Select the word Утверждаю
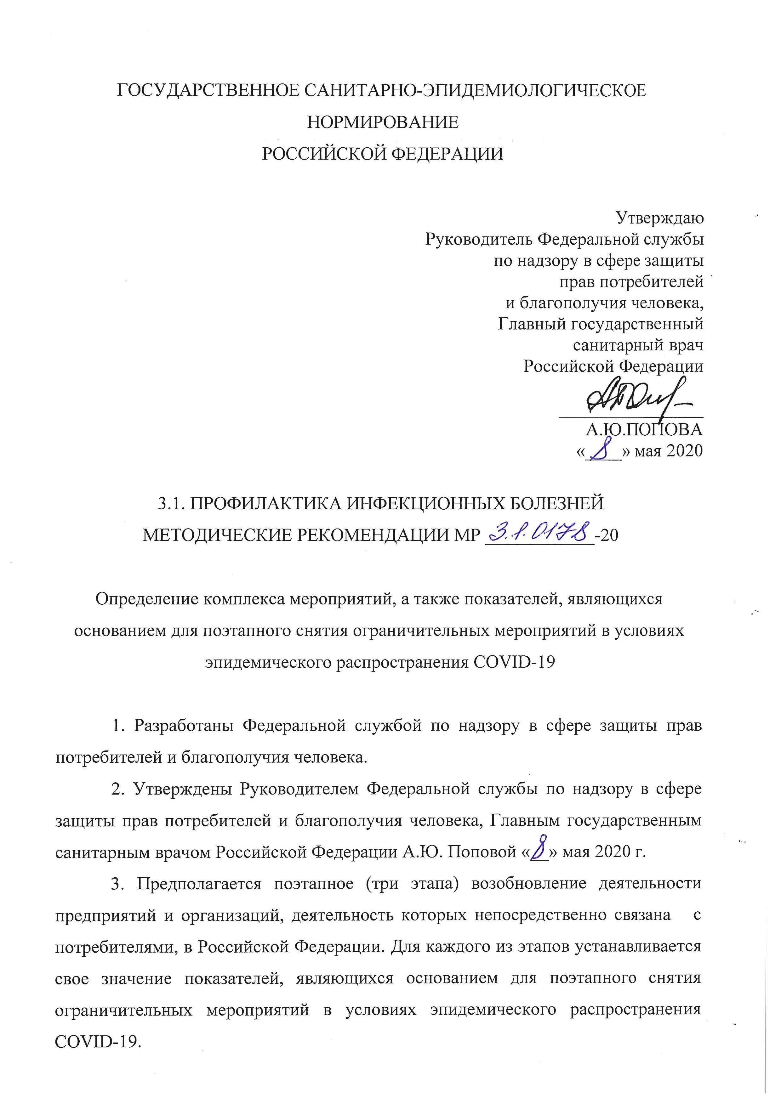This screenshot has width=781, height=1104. (660, 218)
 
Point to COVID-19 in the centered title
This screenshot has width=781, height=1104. (514, 662)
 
